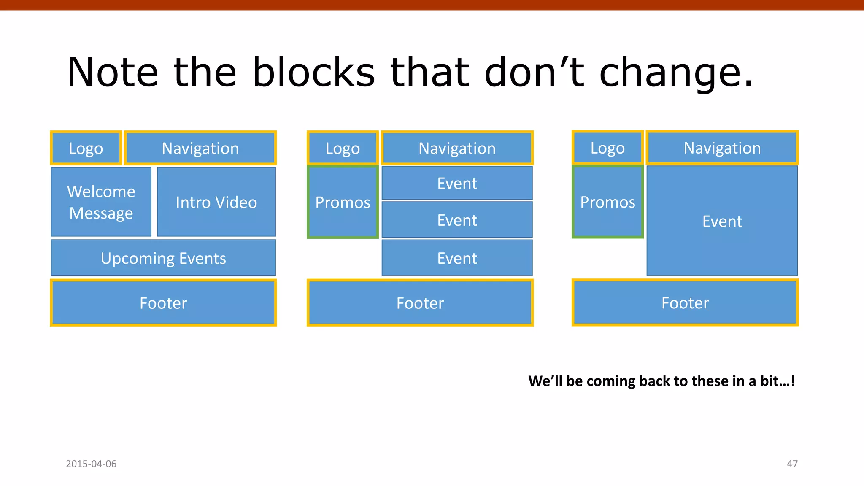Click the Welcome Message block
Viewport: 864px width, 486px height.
[x=101, y=202]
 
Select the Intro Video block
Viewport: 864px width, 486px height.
[x=216, y=202]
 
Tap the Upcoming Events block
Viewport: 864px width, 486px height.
[x=163, y=258]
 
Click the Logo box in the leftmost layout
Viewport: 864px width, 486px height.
[x=86, y=148]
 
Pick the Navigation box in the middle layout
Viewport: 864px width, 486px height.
[x=457, y=148]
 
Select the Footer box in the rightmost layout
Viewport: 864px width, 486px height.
[x=685, y=302]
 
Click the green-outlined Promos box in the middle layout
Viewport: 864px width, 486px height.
[x=343, y=202]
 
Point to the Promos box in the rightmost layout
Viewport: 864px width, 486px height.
[x=607, y=202]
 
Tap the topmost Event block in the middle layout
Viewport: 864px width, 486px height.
[x=457, y=183]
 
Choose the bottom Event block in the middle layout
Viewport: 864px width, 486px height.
[x=457, y=258]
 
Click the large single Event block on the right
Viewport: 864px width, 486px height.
[x=722, y=221]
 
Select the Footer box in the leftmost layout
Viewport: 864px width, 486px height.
[x=163, y=302]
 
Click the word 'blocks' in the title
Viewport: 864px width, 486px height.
[x=313, y=73]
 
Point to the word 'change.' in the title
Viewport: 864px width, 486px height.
[x=675, y=73]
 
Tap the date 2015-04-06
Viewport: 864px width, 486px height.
[x=91, y=464]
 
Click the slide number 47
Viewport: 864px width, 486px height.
[x=792, y=464]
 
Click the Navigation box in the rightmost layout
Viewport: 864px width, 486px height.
[x=722, y=148]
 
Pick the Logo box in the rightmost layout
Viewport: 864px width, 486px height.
[x=607, y=148]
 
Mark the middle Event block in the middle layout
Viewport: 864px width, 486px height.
[x=457, y=220]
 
